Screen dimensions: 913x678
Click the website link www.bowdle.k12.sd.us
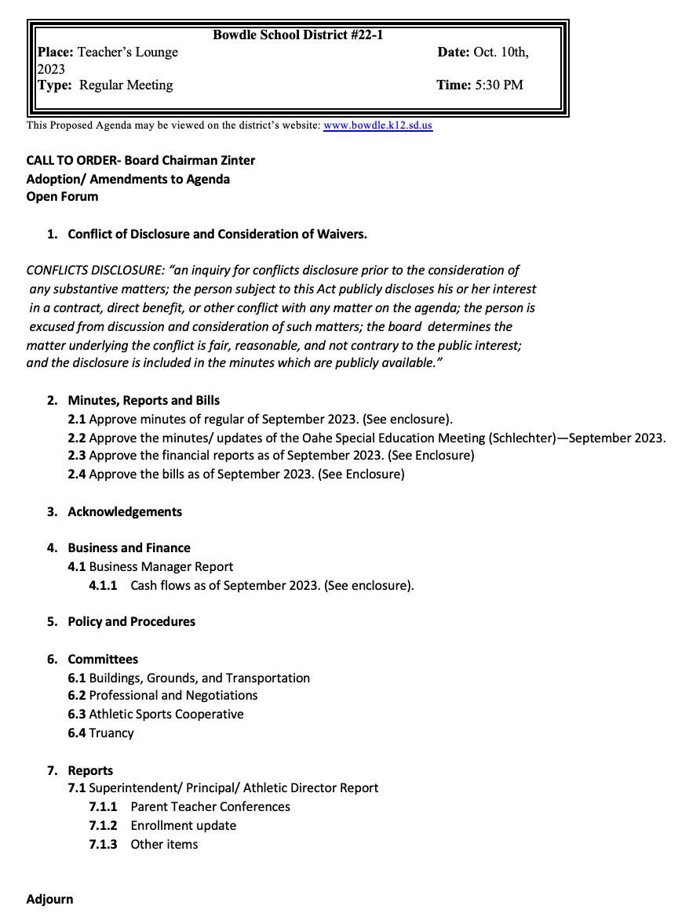point(377,125)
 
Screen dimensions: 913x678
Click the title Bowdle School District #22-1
point(298,35)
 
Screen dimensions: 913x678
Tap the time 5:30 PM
point(499,85)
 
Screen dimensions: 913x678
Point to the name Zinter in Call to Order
point(235,160)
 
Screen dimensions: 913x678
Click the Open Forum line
point(63,197)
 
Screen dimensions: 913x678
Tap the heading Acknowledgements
point(125,512)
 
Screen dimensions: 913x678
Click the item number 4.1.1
point(103,586)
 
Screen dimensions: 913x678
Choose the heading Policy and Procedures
point(131,622)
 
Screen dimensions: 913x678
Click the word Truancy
point(111,733)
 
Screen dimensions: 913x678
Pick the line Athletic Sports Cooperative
point(166,715)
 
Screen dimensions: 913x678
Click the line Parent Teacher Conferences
point(210,807)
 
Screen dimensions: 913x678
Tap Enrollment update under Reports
point(183,826)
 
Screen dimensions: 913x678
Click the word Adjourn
point(49,900)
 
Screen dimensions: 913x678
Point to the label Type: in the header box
point(56,85)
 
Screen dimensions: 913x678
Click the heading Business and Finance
point(129,548)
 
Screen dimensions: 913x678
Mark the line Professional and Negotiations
point(173,696)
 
